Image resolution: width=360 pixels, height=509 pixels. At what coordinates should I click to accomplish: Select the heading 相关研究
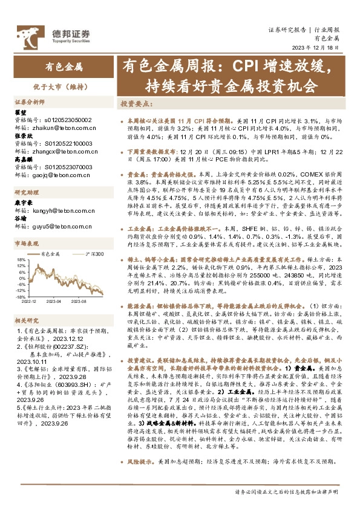26,319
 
